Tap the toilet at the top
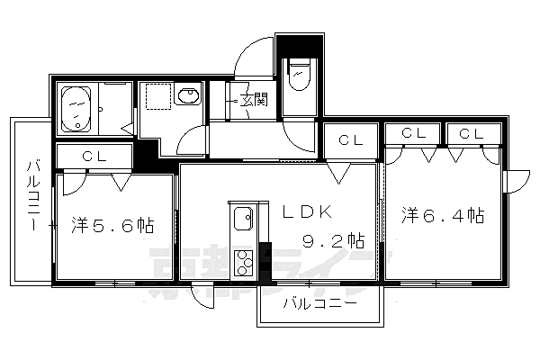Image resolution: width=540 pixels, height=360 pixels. pyautogui.click(x=298, y=76)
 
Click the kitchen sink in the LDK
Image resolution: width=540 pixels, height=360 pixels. pyautogui.click(x=243, y=219)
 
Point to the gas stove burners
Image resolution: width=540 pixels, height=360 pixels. pyautogui.click(x=244, y=263)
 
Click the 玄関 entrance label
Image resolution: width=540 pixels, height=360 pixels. pyautogui.click(x=255, y=100)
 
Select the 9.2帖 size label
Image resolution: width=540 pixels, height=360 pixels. pyautogui.click(x=332, y=240)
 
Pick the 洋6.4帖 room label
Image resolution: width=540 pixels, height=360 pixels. pyautogui.click(x=443, y=216)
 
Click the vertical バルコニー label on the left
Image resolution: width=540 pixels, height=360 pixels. pyautogui.click(x=33, y=196)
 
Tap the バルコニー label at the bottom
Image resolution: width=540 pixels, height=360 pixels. pyautogui.click(x=319, y=303)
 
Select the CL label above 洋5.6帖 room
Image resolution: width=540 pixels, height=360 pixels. pyautogui.click(x=94, y=156)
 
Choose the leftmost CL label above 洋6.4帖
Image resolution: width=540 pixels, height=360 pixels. pyautogui.click(x=413, y=133)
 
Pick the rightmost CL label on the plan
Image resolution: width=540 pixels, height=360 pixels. pyautogui.click(x=470, y=133)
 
